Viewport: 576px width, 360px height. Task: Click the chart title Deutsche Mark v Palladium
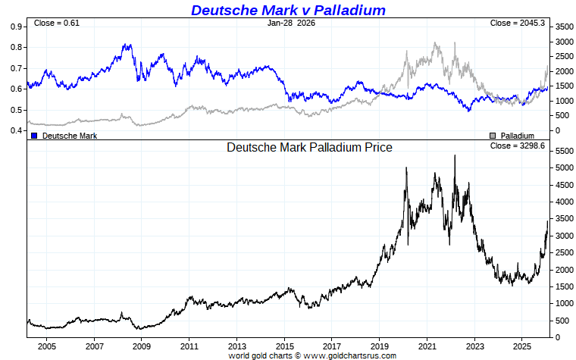288,10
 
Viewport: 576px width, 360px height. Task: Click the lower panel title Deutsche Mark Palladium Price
309,148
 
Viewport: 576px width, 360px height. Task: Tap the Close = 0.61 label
56,23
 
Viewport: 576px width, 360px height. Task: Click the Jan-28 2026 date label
292,23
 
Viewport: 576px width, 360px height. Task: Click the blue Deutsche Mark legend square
34,135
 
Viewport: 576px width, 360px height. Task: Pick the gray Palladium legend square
493,135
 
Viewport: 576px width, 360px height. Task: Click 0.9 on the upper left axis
16,27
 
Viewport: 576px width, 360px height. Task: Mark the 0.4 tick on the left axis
16,130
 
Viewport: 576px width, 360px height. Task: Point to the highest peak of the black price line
455,155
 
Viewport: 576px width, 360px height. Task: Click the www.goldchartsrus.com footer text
349,355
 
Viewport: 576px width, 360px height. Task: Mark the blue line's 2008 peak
125,45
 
